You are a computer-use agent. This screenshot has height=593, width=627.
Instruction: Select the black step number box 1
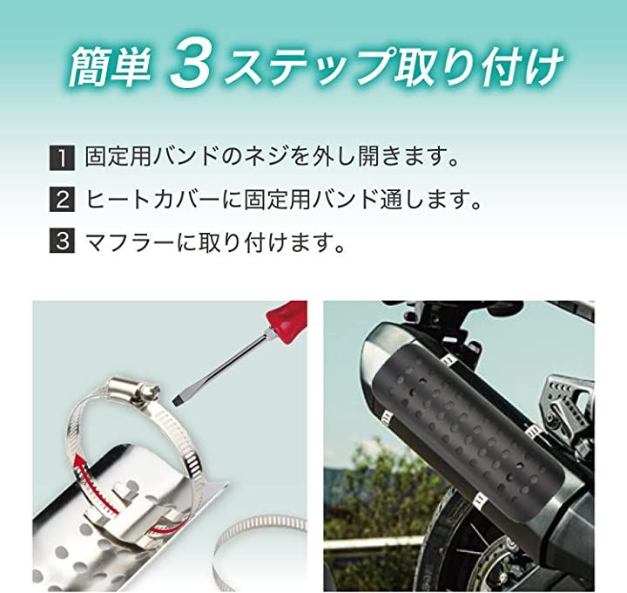click(62, 158)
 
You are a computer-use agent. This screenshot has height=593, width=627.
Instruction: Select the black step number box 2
click(62, 200)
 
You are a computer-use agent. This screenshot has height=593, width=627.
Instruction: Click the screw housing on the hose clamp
click(132, 390)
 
